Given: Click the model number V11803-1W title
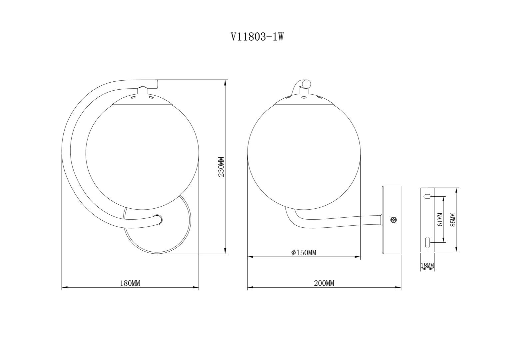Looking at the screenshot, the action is pyautogui.click(x=257, y=37).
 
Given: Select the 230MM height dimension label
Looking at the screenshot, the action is pyautogui.click(x=221, y=167).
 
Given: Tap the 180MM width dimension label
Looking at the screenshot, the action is pyautogui.click(x=130, y=283).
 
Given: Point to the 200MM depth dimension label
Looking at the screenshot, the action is pyautogui.click(x=324, y=283).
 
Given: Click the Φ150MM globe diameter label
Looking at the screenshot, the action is pyautogui.click(x=304, y=253).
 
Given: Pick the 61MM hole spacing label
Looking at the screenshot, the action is pyautogui.click(x=440, y=219).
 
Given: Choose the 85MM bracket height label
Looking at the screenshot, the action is pyautogui.click(x=453, y=219).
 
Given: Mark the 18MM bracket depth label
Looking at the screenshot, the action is pyautogui.click(x=427, y=265).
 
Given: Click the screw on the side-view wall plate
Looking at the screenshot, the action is pyautogui.click(x=393, y=220).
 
